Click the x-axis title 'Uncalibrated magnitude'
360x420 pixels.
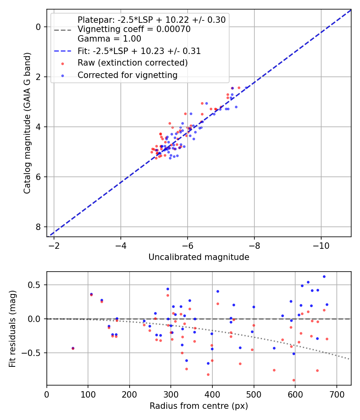[x=199, y=257]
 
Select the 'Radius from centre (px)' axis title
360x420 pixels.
[x=199, y=406]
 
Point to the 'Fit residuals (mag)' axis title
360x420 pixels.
[x=12, y=328]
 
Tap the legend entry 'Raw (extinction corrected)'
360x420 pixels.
[x=132, y=63]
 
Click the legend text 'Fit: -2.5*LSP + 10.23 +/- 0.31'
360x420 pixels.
[x=139, y=51]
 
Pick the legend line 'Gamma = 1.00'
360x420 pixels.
[x=109, y=39]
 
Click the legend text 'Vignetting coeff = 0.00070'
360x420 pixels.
[x=134, y=29]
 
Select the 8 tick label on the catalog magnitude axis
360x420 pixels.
[x=38, y=227]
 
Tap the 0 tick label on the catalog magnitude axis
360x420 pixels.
[x=38, y=27]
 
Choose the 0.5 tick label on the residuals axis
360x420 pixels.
[x=36, y=285]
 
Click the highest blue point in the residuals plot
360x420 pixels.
[x=324, y=276]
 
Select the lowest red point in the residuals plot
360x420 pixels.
[x=294, y=380]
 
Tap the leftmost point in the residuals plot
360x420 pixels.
[x=73, y=348]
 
